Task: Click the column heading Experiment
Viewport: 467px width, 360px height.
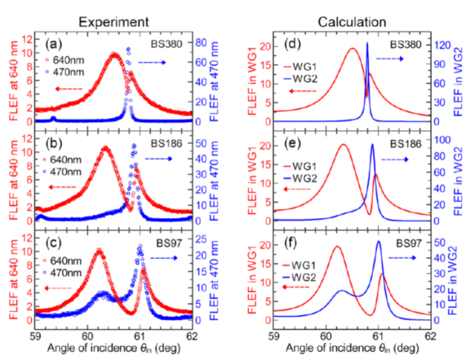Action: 113,22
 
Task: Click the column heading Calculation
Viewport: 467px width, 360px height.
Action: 351,22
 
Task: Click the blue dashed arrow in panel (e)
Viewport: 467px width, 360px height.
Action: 396,159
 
